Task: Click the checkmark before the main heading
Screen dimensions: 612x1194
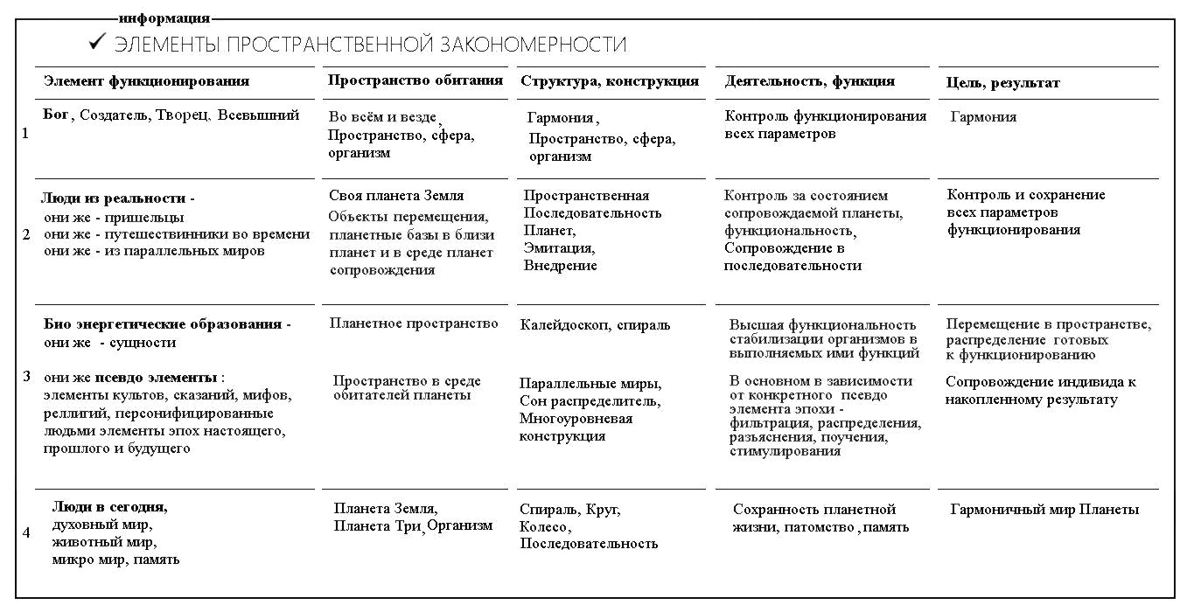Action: pyautogui.click(x=98, y=41)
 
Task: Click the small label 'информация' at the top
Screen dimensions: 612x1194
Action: pyautogui.click(x=165, y=18)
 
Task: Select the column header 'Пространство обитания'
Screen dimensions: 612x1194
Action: pyautogui.click(x=415, y=80)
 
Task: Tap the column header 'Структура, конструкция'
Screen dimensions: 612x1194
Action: pyautogui.click(x=610, y=81)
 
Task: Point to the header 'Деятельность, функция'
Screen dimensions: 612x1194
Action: pyautogui.click(x=809, y=81)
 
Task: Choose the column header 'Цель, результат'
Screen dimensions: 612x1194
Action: pyautogui.click(x=1003, y=82)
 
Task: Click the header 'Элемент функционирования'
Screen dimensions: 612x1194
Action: pyautogui.click(x=146, y=81)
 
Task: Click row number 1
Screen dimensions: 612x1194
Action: pyautogui.click(x=24, y=135)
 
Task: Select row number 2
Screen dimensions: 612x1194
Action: pyautogui.click(x=25, y=234)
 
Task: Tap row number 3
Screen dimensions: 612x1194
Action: pyautogui.click(x=26, y=377)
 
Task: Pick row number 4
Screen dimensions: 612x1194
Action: pyautogui.click(x=25, y=532)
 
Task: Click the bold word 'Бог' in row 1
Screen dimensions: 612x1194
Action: pyautogui.click(x=56, y=115)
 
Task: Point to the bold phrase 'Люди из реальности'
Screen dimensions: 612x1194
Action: pyautogui.click(x=115, y=198)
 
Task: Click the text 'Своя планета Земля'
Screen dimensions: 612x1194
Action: pyautogui.click(x=396, y=196)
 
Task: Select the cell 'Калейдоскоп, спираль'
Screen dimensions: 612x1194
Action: pyautogui.click(x=595, y=325)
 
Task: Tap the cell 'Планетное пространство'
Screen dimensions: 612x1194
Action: pyautogui.click(x=414, y=323)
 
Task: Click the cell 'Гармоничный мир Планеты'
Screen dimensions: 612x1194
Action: pyautogui.click(x=1044, y=510)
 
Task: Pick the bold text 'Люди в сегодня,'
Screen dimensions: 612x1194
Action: pyautogui.click(x=109, y=506)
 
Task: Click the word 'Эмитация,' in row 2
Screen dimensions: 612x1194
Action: pyautogui.click(x=559, y=248)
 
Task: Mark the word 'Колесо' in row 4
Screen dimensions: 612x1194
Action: pyautogui.click(x=544, y=527)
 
